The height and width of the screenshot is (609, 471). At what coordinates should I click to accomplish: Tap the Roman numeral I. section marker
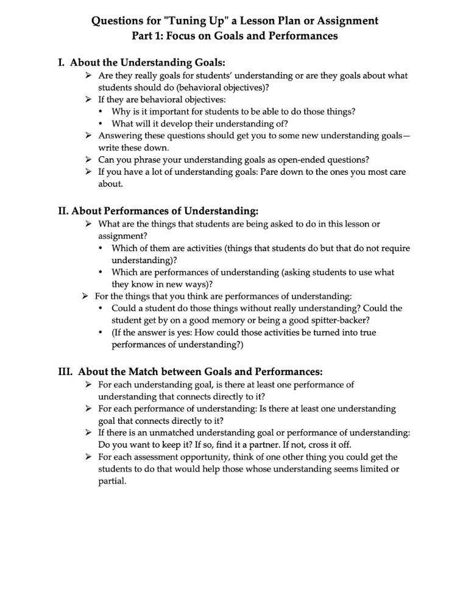point(62,63)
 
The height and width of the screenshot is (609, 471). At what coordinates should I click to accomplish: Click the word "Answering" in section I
point(121,136)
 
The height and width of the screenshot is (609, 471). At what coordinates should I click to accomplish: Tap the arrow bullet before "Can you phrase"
point(89,160)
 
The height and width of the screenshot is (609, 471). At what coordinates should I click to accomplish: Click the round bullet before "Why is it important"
point(101,112)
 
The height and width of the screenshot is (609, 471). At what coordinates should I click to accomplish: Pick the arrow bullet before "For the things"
point(85,296)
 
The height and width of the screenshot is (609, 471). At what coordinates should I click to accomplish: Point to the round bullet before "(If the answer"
point(101,333)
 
